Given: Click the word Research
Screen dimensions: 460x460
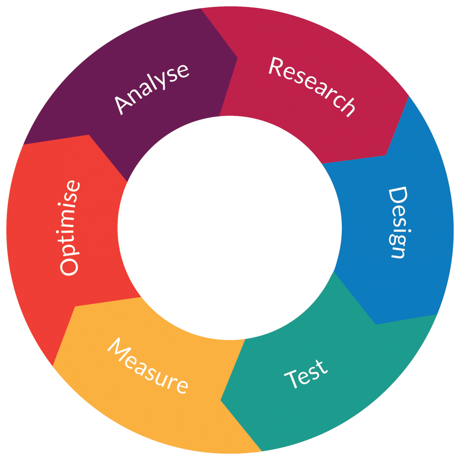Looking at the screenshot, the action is click(312, 86).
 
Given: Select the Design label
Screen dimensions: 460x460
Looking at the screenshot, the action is click(398, 222).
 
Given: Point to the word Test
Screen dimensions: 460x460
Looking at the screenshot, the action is click(306, 374).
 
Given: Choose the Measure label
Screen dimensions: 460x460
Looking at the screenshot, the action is click(148, 366).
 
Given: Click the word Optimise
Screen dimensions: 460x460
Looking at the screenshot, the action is click(69, 228).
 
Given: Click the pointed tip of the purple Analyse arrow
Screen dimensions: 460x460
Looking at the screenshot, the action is click(237, 58).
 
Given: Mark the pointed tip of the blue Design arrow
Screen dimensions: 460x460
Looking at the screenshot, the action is click(375, 324).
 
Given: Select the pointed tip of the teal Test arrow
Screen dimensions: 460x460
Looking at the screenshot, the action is click(221, 400).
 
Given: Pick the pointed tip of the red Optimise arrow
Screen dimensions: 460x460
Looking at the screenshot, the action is click(89, 135).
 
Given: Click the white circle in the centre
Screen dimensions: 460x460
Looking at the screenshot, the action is click(230, 228).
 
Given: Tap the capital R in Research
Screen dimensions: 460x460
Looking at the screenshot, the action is click(276, 67).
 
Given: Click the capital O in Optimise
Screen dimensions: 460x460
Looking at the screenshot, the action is click(69, 266).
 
